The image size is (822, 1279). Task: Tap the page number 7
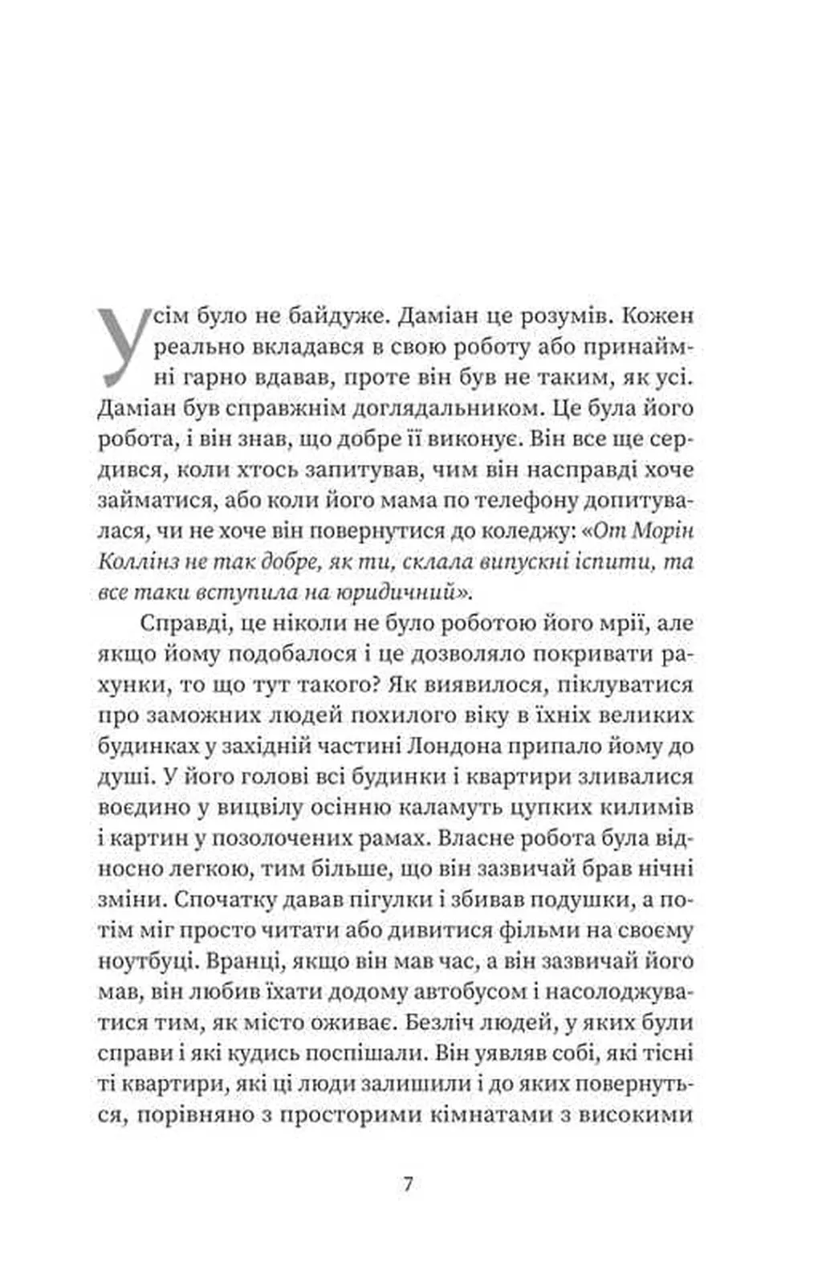coord(408,1183)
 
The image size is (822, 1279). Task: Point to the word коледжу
coord(566,531)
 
